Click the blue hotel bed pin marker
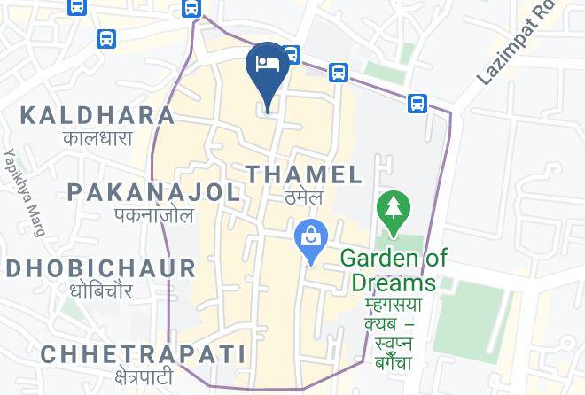(267, 66)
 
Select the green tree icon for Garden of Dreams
(392, 210)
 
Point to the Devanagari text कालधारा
(97, 138)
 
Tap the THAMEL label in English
(304, 174)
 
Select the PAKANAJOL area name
(153, 192)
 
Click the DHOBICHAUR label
(99, 268)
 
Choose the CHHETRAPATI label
(143, 354)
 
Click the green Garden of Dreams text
(394, 270)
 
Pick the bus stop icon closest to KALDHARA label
(106, 39)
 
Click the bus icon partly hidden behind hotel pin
(292, 54)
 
